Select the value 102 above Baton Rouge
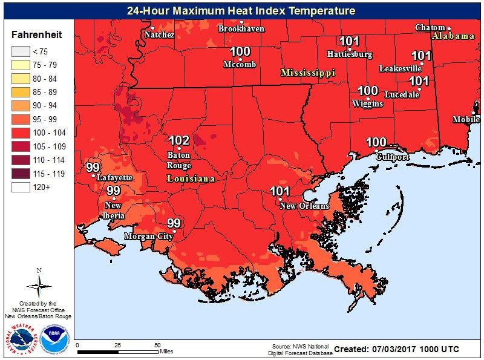(x=179, y=141)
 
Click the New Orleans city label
(x=304, y=206)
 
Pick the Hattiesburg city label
(x=349, y=54)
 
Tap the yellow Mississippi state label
(x=307, y=73)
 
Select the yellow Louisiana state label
(x=191, y=179)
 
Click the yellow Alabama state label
(x=453, y=36)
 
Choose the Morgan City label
(x=148, y=236)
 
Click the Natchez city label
(x=159, y=35)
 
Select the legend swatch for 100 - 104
(x=22, y=132)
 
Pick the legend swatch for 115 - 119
(x=22, y=174)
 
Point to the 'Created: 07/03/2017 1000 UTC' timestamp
(x=396, y=350)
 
